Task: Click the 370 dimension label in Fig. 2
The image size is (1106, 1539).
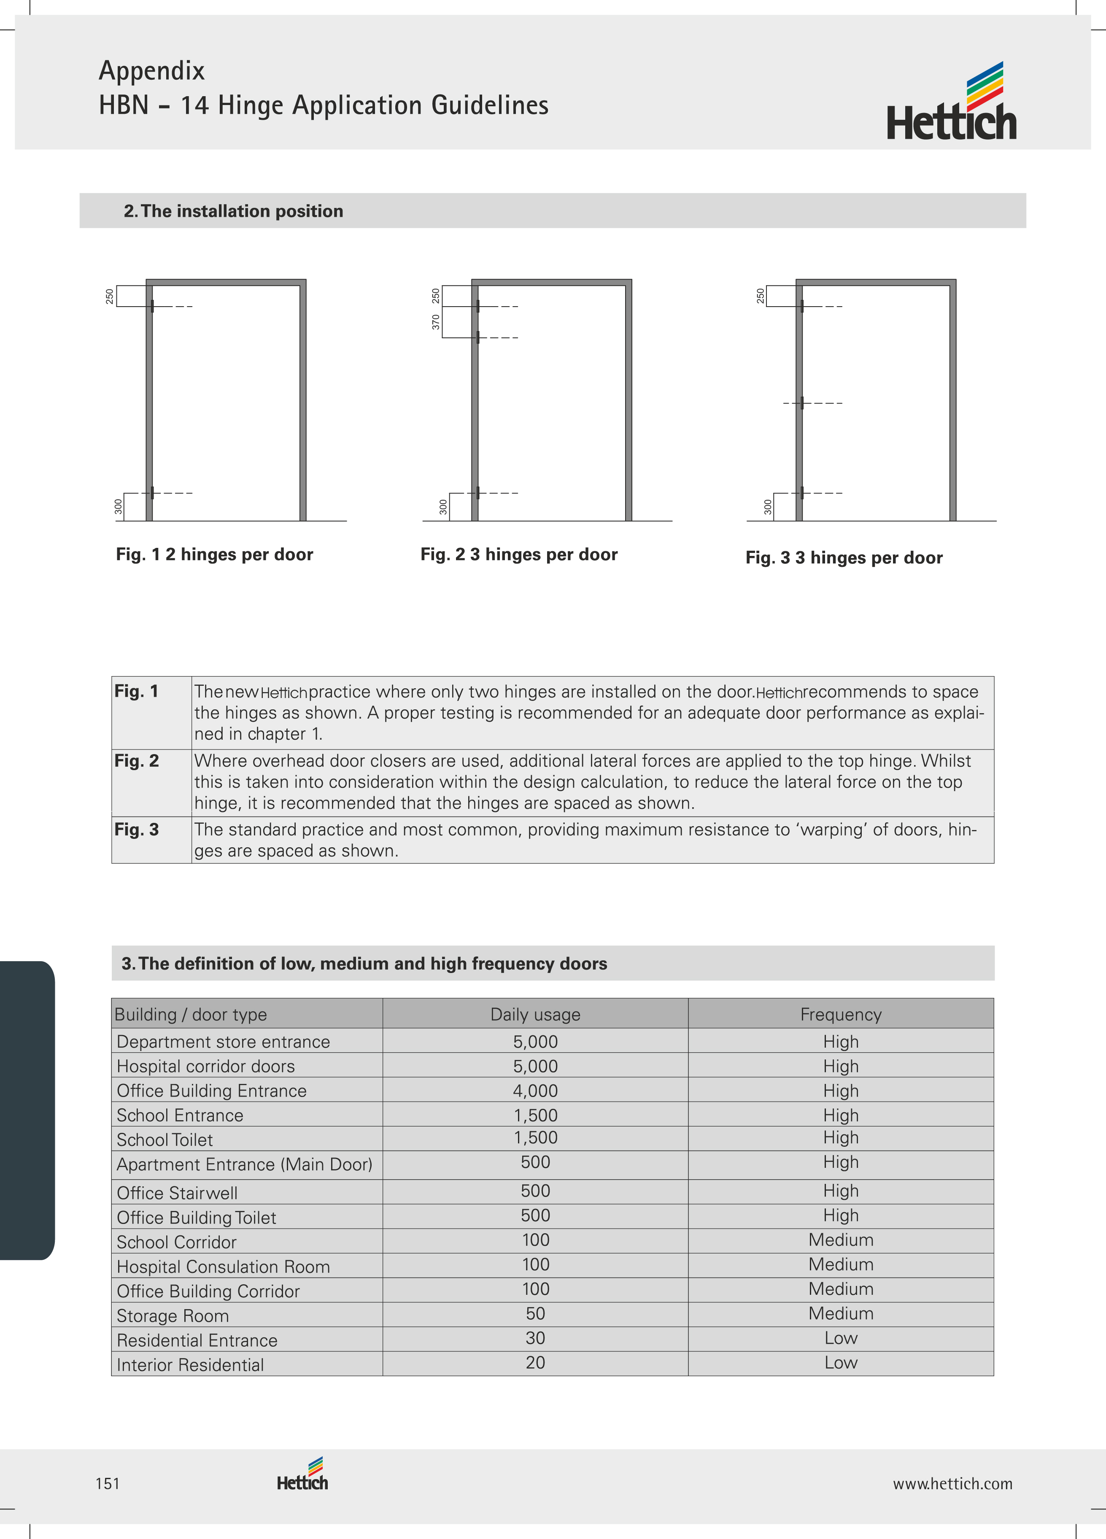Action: click(436, 322)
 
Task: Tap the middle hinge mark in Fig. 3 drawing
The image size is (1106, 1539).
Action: click(802, 403)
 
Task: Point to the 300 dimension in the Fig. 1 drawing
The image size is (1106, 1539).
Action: click(119, 506)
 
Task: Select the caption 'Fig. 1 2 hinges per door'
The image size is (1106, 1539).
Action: click(214, 554)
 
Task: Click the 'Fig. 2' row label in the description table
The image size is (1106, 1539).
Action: click(136, 761)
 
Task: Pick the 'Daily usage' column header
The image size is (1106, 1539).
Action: click(535, 1014)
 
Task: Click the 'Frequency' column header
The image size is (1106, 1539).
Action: click(841, 1014)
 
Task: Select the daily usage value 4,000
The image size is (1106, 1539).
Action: click(535, 1091)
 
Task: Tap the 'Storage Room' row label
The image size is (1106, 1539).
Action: click(173, 1316)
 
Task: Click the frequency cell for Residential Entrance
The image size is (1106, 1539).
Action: click(841, 1338)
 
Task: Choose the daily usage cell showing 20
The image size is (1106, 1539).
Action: click(535, 1363)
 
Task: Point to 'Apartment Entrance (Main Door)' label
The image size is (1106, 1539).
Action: click(244, 1164)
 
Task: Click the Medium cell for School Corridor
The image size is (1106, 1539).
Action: click(841, 1240)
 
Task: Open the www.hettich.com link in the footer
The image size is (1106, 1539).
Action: click(952, 1483)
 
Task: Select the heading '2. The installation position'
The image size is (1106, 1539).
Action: click(233, 211)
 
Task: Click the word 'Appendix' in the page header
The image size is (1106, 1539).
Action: click(152, 70)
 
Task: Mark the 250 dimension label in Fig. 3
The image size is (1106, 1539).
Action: click(761, 296)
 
